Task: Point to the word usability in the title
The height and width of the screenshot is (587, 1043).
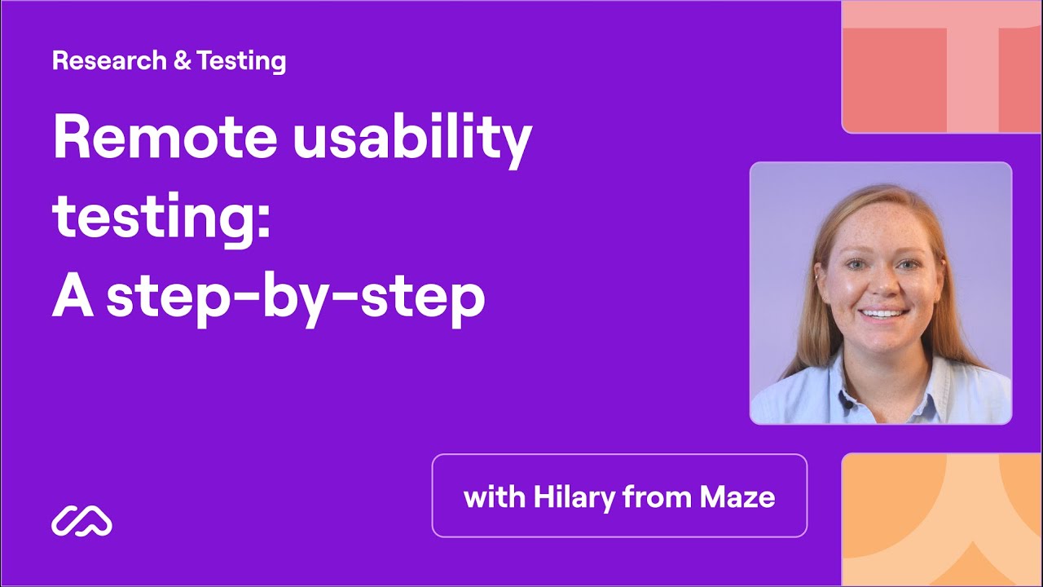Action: click(x=412, y=141)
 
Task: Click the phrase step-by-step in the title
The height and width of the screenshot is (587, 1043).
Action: click(x=295, y=300)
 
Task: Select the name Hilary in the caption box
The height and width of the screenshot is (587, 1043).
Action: click(x=574, y=497)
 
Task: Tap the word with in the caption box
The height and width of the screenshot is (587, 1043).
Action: click(x=495, y=497)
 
